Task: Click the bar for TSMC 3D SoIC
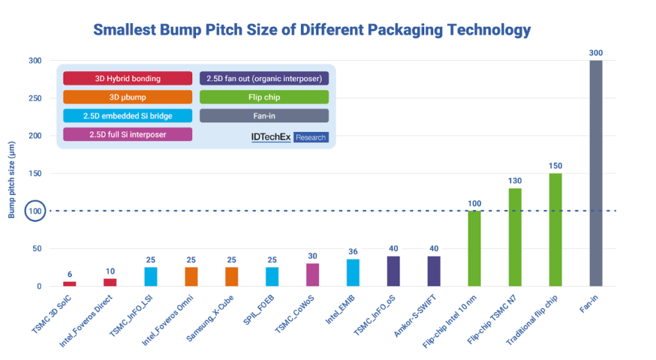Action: [70, 284]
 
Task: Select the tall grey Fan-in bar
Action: [596, 173]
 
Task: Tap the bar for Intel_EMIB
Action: [353, 273]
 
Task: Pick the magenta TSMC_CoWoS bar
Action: [313, 275]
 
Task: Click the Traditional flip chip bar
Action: [555, 229]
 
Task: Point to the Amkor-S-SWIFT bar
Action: [434, 271]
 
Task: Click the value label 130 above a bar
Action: [514, 181]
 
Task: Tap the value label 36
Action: [353, 252]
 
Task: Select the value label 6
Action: [70, 274]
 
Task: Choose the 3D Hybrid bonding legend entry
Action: [127, 78]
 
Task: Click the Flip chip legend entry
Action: [264, 97]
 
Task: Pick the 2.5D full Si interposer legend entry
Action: [127, 134]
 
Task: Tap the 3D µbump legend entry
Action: [127, 97]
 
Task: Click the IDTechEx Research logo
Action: [290, 137]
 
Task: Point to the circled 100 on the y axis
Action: [33, 211]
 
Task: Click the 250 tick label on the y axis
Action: [33, 98]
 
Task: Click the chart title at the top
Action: [312, 29]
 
